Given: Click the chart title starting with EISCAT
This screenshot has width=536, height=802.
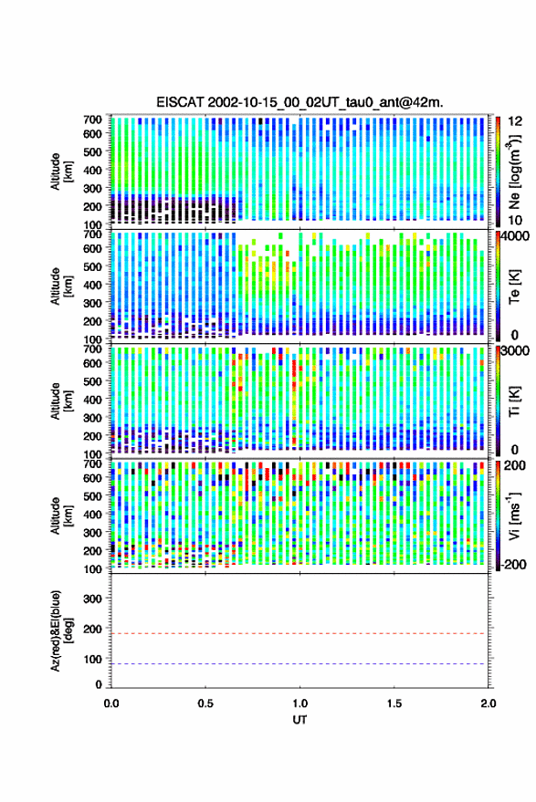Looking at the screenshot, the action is tap(300, 102).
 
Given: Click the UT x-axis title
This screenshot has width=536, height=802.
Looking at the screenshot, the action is tap(300, 720).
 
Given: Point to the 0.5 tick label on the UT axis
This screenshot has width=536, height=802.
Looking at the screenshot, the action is tap(205, 703).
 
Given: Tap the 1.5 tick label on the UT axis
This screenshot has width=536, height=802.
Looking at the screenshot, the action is tap(394, 703).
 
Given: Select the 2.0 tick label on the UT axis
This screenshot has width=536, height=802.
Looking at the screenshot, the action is tap(489, 703).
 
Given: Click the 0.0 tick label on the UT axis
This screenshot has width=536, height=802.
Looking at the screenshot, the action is tap(111, 703).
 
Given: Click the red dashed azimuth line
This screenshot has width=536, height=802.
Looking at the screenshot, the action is tap(300, 634).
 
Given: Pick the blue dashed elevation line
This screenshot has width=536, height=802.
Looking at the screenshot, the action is tap(300, 664).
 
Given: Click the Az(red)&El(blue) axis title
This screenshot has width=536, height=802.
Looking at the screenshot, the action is tap(61, 630).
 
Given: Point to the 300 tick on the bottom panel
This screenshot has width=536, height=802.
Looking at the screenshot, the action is tap(92, 599).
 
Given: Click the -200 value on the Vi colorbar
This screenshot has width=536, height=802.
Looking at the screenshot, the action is tap(512, 565).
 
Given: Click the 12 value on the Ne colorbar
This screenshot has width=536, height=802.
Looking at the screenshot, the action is tap(516, 121).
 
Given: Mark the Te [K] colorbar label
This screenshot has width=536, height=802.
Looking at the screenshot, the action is tap(515, 286).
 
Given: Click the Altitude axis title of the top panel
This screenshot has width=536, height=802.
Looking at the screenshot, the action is tap(61, 172).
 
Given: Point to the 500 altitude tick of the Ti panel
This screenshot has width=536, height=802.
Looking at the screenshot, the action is tap(92, 381).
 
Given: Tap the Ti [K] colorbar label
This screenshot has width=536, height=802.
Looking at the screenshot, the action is tap(515, 401).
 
